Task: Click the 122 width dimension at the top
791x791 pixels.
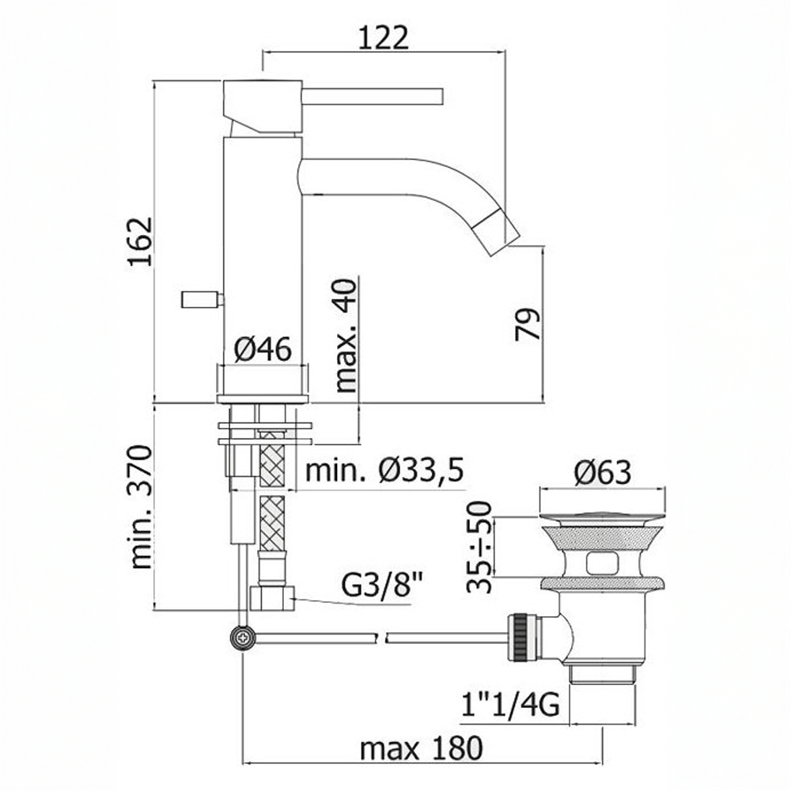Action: coord(384,37)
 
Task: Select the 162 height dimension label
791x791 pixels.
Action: coord(139,241)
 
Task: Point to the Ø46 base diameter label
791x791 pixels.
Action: coord(263,349)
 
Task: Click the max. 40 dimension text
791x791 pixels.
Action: coord(346,335)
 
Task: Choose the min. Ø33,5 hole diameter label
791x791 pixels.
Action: coord(384,471)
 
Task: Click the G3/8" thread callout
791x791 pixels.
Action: coord(382,585)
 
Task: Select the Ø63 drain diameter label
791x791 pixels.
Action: coord(602,473)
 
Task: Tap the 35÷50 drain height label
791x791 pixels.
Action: coord(479,547)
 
